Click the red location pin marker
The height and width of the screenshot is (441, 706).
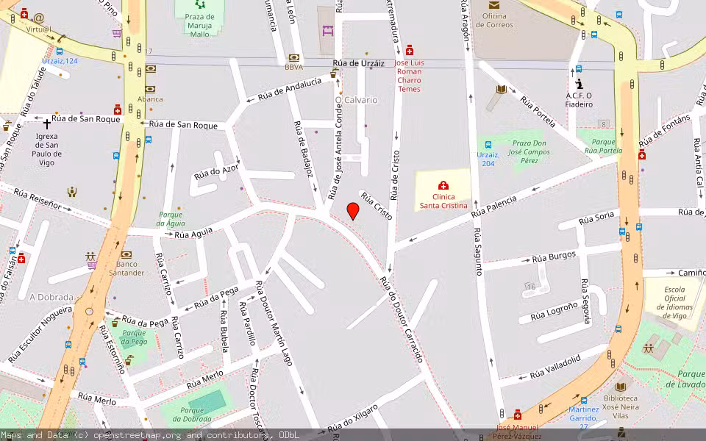353,210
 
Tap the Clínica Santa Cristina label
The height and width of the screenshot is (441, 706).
443,201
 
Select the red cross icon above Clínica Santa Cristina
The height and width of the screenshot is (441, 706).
443,185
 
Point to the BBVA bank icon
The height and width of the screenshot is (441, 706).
295,57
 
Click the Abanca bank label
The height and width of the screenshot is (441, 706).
150,98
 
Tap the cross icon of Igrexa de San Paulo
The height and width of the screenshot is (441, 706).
47,124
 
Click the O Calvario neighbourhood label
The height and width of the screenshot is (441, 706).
356,100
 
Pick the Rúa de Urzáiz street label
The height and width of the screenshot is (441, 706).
359,64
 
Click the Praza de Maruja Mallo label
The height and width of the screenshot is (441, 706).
200,25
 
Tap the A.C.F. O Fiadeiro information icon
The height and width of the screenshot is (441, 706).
579,85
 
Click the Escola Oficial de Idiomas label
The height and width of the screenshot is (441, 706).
674,302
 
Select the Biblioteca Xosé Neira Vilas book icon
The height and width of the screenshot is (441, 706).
621,386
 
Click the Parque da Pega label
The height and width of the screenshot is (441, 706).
134,337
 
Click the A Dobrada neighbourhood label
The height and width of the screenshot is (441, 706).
51,297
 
